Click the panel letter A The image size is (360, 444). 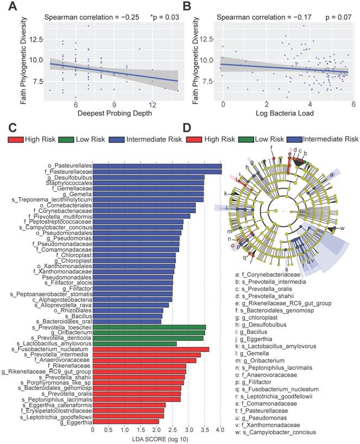[8, 7]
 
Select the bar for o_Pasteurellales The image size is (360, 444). [157, 166]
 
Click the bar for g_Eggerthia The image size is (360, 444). [125, 421]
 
